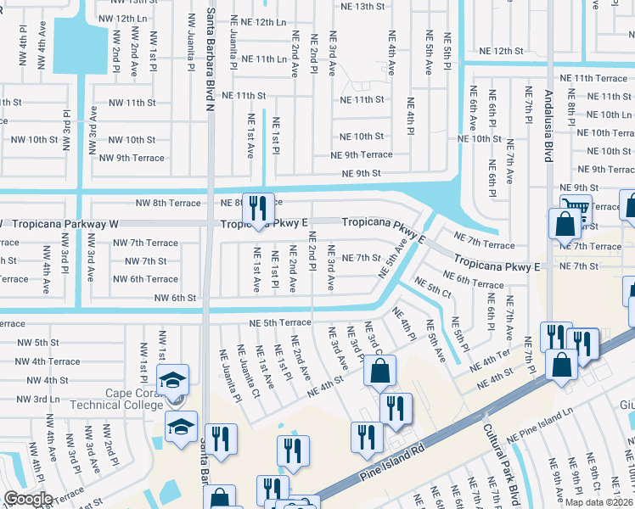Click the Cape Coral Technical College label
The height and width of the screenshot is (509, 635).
[x=133, y=399]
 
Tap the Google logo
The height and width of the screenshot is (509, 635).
[x=27, y=499]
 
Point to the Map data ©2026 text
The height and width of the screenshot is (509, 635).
[x=599, y=502]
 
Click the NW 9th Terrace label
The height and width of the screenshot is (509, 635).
[x=131, y=157]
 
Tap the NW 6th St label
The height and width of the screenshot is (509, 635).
[x=175, y=298]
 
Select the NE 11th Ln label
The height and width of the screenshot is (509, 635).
[x=264, y=59]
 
